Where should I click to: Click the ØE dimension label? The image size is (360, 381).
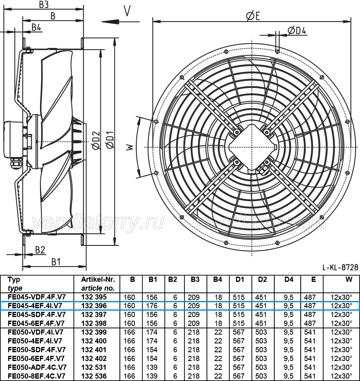point(253,16)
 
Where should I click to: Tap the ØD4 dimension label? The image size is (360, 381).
point(296,30)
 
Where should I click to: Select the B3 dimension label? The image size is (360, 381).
point(44,4)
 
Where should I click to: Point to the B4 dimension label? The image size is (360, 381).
point(36,28)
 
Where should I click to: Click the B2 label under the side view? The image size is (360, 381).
point(40,250)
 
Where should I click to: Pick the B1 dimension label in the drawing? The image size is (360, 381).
point(56,262)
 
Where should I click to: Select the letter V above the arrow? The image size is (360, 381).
point(127,11)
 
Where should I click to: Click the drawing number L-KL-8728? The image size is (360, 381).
point(340,267)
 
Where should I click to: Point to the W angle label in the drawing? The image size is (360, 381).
point(130,147)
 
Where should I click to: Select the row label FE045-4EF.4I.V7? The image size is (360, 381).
point(35,306)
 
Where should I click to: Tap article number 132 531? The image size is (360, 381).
point(94,367)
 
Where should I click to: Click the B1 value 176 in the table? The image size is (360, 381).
point(152,306)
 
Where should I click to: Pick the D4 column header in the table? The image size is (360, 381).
point(289,279)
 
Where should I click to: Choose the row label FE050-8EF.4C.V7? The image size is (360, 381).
point(37,376)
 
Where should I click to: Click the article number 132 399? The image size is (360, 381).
point(94,332)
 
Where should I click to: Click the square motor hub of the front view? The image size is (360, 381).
point(252,147)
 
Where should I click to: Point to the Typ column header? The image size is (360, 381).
point(14,279)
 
